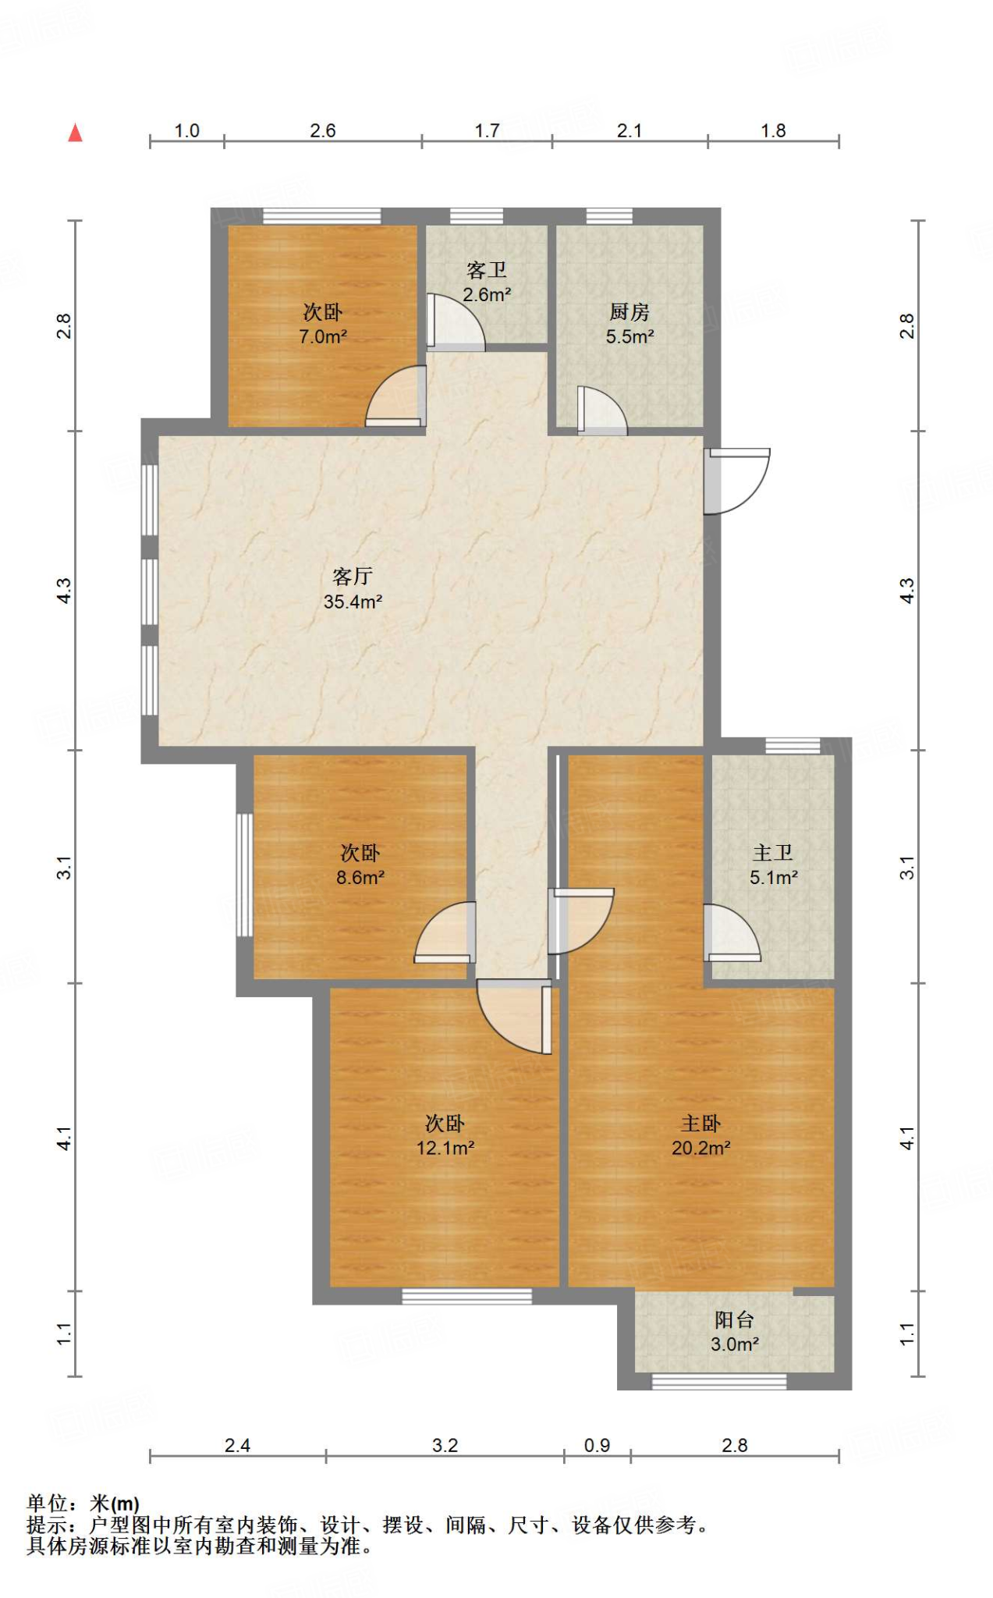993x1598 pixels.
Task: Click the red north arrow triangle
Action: pos(75,133)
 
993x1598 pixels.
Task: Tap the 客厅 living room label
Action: pos(353,577)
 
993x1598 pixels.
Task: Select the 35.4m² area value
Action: pos(353,602)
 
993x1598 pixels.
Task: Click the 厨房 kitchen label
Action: pos(629,312)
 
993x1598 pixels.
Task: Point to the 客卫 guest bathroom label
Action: pos(487,270)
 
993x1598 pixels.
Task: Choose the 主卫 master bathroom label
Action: pos(773,853)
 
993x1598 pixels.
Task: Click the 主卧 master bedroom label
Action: pos(700,1124)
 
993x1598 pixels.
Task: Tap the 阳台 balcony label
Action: pos(735,1319)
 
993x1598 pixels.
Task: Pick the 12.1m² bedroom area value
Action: pos(445,1148)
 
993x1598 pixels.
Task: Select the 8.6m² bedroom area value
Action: pos(360,877)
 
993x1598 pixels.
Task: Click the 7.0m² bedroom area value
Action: pos(323,336)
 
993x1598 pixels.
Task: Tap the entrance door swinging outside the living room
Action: pos(737,481)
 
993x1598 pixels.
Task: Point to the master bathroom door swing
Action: pos(732,932)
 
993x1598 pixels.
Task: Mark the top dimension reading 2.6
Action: pos(323,130)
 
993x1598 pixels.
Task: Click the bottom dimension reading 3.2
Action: pos(445,1445)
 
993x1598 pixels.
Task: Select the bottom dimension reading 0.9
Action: pos(597,1445)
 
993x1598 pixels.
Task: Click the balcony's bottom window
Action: pos(718,1382)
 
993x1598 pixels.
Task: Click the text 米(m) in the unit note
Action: pos(115,1504)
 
